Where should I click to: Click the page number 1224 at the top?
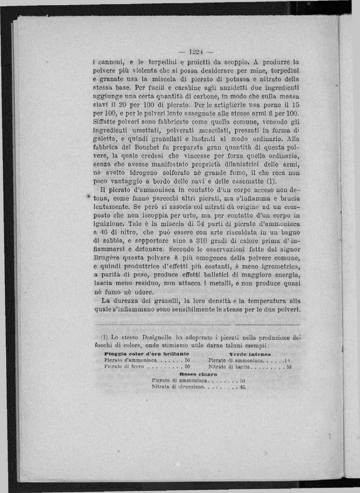tap(195, 52)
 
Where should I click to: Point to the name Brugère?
tap(107, 258)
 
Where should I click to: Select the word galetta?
tap(103, 139)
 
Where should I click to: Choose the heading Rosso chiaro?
tap(198, 374)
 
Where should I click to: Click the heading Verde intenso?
tap(250, 354)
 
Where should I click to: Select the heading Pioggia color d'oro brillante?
tap(147, 354)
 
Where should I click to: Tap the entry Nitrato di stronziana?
tap(178, 387)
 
